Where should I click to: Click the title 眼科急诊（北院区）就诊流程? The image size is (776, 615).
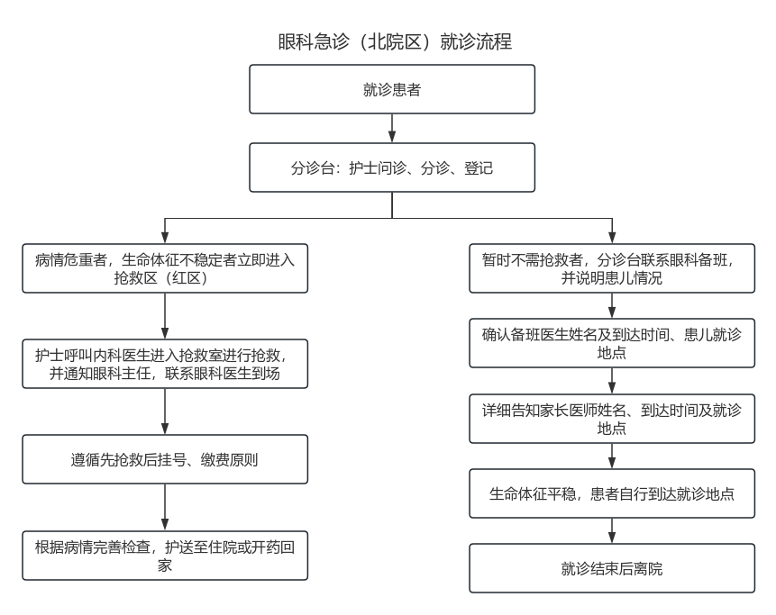pos(396,42)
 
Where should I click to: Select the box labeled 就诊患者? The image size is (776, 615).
pos(392,89)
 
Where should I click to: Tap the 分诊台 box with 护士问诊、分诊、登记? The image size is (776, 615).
pos(392,167)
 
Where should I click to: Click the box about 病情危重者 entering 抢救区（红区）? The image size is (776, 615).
pos(165,268)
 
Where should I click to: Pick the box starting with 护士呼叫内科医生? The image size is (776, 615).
pos(165,363)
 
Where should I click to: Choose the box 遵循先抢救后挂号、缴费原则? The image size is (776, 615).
pos(165,459)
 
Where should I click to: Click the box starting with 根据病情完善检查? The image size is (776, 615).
pos(165,556)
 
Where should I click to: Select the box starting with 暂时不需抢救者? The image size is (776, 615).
pos(612,268)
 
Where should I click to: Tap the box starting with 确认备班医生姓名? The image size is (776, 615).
pos(612,344)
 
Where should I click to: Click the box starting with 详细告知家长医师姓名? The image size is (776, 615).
pos(612,420)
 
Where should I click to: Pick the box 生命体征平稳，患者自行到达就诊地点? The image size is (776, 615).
pos(612,493)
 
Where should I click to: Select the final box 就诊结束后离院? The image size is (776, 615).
pos(612,568)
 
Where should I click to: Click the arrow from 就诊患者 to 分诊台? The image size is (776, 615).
pos(392,128)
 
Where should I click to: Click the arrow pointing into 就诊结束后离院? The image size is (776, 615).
pos(612,530)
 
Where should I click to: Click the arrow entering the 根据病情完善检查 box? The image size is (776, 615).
pos(165,508)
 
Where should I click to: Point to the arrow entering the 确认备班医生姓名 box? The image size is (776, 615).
pos(612,306)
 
